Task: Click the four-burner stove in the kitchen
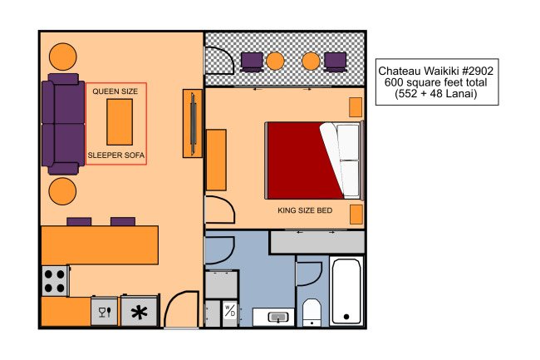[56, 281]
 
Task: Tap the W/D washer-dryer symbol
[229, 310]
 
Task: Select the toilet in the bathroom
[312, 313]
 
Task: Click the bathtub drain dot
[346, 317]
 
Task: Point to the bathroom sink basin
[278, 317]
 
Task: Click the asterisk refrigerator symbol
[139, 313]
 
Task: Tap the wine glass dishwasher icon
[105, 312]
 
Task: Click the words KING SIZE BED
[305, 210]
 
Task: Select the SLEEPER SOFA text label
[116, 155]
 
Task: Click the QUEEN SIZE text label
[115, 91]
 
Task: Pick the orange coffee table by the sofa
[120, 122]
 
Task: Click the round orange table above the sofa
[62, 57]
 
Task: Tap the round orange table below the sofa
[62, 191]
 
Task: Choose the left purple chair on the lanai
[252, 62]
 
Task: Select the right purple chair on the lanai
[335, 62]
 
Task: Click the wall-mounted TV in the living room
[193, 123]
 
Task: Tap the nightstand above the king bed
[356, 107]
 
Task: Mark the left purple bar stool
[79, 221]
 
